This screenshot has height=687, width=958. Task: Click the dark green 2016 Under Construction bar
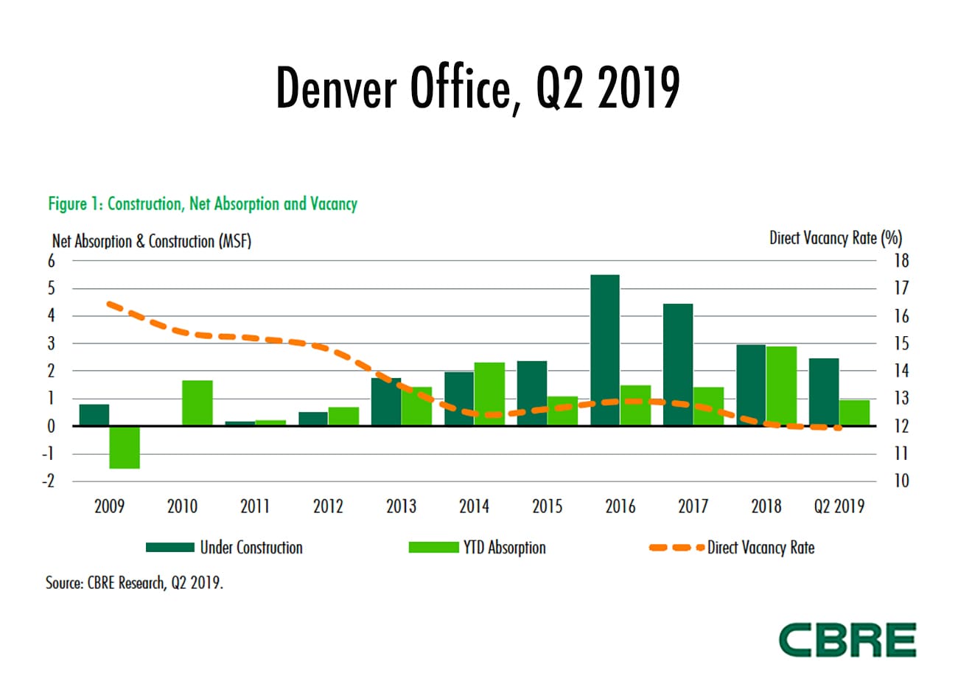(x=604, y=350)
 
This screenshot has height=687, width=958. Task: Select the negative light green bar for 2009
(x=125, y=447)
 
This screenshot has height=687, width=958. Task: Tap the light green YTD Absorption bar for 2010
(x=197, y=403)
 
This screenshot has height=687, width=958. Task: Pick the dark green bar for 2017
(x=678, y=365)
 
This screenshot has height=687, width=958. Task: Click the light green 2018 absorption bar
(x=781, y=386)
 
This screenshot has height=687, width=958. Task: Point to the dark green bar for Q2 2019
(x=824, y=392)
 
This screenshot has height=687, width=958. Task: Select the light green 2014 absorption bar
(x=489, y=394)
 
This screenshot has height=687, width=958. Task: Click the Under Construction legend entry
(x=225, y=548)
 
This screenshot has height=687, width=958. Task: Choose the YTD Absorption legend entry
(x=478, y=548)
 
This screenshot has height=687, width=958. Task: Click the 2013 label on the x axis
(x=401, y=506)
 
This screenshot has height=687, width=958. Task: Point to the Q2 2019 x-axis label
(x=839, y=506)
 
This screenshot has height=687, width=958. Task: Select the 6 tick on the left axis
(x=51, y=261)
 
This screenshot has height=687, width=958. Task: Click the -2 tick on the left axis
(x=49, y=481)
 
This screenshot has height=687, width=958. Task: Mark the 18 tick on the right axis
(x=901, y=261)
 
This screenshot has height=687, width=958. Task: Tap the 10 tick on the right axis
(x=901, y=481)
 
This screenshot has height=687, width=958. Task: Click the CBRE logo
(x=847, y=639)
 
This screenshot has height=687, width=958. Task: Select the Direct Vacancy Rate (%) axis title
(x=835, y=238)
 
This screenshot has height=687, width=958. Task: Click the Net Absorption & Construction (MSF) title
(x=152, y=241)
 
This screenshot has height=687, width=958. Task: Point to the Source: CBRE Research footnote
(x=134, y=583)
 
